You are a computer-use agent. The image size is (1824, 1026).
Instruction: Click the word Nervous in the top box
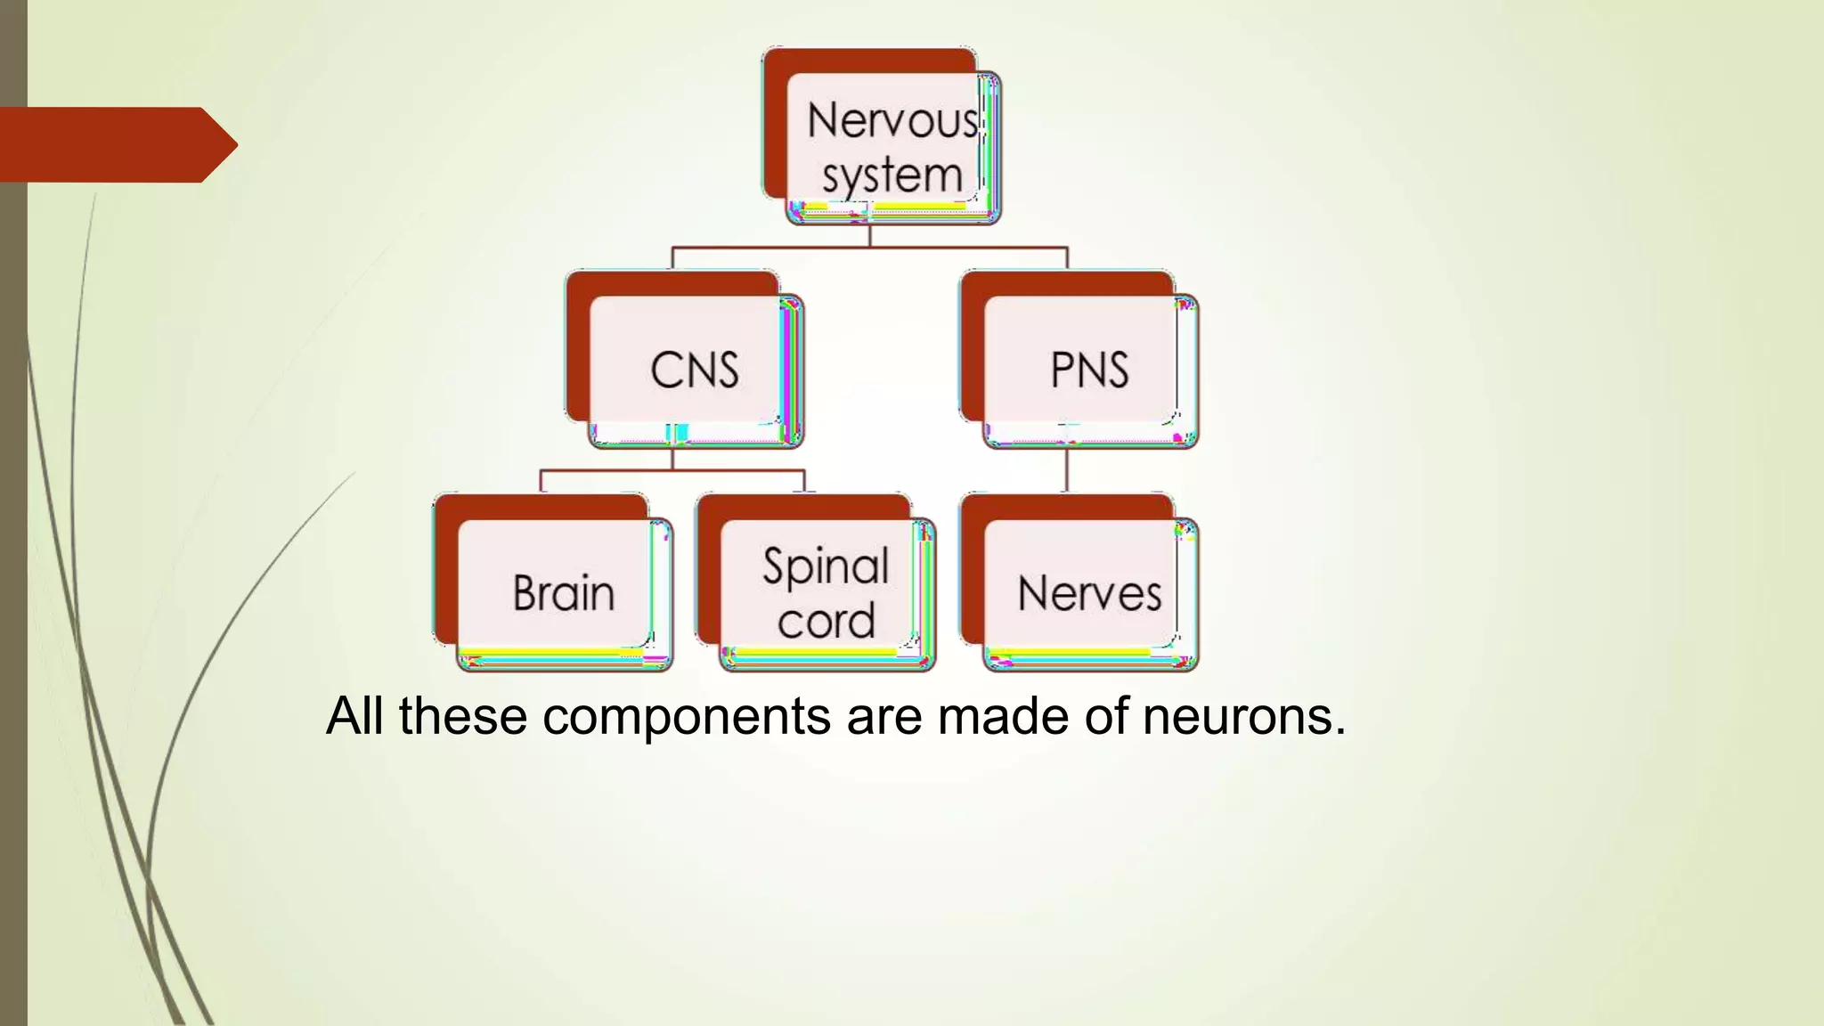pos(892,120)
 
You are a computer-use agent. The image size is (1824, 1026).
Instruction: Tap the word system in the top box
pos(892,175)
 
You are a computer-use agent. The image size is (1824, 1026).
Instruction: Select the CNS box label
pos(695,370)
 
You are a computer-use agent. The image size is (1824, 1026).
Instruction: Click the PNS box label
pos(1089,370)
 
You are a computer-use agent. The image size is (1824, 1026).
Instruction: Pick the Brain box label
pos(564,593)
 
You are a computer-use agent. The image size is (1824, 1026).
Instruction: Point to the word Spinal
pos(826,566)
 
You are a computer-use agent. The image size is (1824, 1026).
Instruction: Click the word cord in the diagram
pos(826,621)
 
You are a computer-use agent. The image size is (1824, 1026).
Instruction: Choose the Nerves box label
pos(1089,593)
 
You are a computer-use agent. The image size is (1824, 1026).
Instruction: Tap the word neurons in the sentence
pos(1243,716)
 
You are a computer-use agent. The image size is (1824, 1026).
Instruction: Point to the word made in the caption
pos(1003,716)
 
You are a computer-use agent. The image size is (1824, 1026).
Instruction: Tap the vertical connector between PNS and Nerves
pos(1066,470)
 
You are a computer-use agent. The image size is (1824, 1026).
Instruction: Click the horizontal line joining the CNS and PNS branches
pos(868,248)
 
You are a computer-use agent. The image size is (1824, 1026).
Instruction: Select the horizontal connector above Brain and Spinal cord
pos(672,470)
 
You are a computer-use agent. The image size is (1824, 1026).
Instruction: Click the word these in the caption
pos(462,716)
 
